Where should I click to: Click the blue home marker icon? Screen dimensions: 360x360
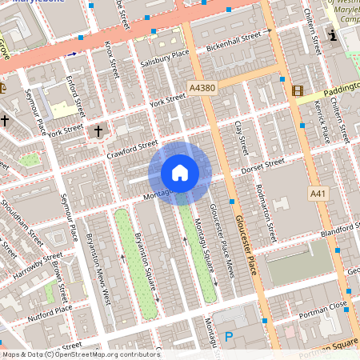pos(180,173)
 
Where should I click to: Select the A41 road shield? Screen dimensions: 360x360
pos(318,194)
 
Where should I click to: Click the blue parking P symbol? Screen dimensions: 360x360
pos(229,338)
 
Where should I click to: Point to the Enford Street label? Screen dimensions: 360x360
pos(76,94)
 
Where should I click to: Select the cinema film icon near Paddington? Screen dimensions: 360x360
pos(298,91)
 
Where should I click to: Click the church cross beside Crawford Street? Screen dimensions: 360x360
pos(98,130)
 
